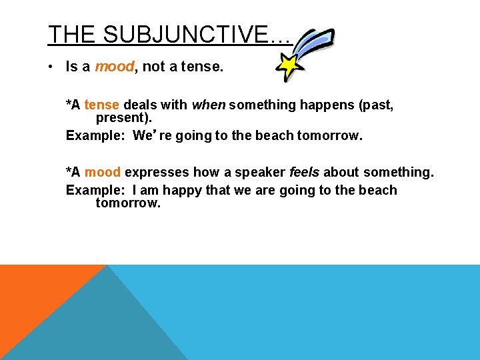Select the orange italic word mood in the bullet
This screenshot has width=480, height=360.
[x=115, y=66]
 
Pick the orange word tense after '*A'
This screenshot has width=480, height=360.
[x=102, y=105]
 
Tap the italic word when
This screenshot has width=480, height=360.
[x=209, y=105]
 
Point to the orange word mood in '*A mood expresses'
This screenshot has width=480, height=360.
[x=102, y=172]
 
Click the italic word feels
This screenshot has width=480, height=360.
[x=305, y=172]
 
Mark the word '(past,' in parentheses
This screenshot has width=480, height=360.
[x=375, y=105]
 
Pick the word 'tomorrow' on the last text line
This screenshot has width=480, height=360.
[x=127, y=203]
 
